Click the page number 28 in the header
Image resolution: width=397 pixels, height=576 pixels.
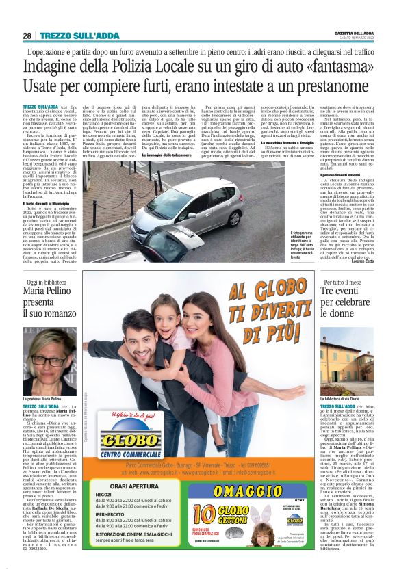pyautogui.click(x=27, y=35)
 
